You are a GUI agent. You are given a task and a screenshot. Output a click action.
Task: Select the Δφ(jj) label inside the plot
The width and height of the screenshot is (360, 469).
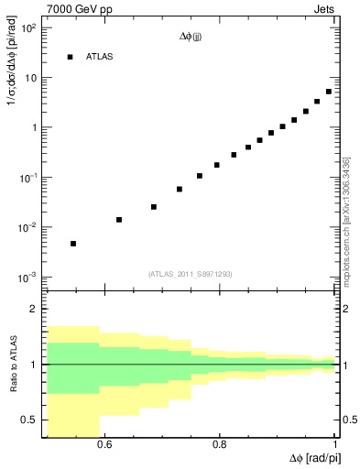[191, 38]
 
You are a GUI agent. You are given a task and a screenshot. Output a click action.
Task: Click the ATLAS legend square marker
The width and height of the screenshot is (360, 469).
[69, 57]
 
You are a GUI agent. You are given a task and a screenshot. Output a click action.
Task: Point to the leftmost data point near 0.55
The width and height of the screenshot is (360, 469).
[73, 244]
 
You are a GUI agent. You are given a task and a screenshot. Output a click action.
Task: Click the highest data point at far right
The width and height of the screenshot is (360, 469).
[329, 92]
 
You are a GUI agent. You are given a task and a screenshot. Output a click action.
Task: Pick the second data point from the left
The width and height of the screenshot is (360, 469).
[119, 220]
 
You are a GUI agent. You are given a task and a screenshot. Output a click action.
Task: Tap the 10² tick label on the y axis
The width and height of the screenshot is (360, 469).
[27, 27]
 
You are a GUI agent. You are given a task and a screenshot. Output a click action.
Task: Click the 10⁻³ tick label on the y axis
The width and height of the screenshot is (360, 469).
[27, 277]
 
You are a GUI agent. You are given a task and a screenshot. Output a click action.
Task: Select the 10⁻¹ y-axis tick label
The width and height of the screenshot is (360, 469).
[27, 178]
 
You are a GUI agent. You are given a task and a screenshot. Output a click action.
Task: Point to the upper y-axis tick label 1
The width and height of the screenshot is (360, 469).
[33, 127]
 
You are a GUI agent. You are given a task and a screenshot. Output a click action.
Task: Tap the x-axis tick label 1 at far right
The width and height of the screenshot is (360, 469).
[335, 446]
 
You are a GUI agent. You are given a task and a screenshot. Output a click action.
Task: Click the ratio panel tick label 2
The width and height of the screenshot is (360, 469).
[34, 310]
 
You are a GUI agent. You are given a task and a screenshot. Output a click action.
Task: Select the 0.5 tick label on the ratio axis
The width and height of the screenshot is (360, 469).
[29, 420]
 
